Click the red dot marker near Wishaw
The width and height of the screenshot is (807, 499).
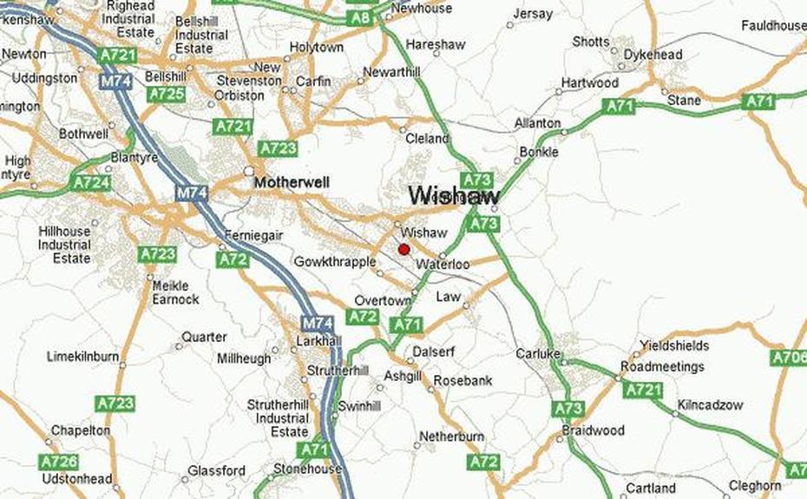tap(403, 250)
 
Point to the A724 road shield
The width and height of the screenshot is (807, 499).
tap(92, 183)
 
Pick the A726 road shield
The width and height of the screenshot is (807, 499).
tap(59, 462)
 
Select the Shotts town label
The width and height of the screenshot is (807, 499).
tap(591, 42)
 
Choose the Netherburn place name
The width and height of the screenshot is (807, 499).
tap(451, 437)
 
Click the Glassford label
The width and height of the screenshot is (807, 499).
tap(217, 471)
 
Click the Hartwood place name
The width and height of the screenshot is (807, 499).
tap(590, 82)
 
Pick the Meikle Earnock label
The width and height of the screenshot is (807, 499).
tap(175, 292)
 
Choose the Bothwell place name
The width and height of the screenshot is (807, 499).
tap(84, 135)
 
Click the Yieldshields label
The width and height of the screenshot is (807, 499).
tap(674, 345)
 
